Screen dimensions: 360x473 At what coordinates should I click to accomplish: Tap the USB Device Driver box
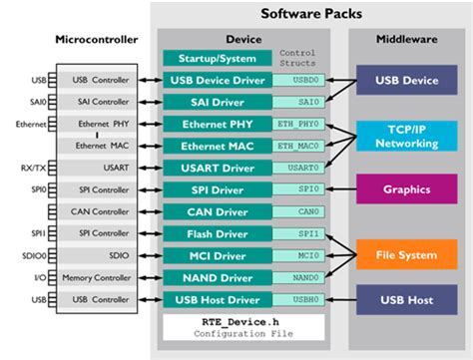[217, 81]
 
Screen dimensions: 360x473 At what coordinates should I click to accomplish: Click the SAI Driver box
[217, 102]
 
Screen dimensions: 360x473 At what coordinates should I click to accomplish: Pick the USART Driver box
[217, 168]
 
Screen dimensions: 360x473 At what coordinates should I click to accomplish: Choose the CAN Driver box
[217, 211]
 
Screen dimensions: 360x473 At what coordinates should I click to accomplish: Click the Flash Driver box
[217, 233]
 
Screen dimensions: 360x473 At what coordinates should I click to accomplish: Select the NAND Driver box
[217, 277]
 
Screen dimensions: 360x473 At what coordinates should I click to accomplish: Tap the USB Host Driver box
[217, 299]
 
